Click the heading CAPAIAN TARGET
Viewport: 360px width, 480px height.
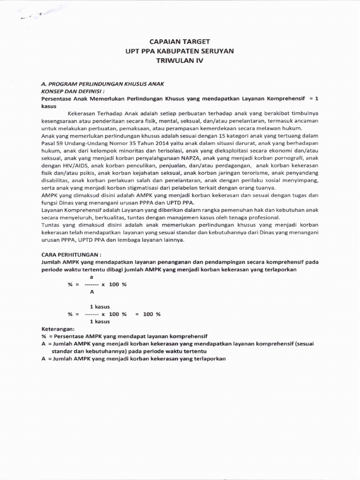(x=180, y=41)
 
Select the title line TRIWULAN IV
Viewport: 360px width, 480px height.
(x=180, y=60)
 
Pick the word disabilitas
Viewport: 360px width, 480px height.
(x=57, y=181)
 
